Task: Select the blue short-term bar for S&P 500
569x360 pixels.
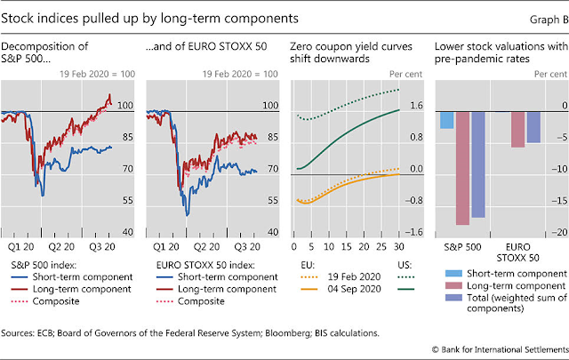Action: pos(447,119)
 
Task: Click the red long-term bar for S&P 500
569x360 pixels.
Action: pos(462,168)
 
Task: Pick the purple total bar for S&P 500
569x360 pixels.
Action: pos(477,164)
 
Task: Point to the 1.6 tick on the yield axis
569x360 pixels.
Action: pos(417,105)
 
